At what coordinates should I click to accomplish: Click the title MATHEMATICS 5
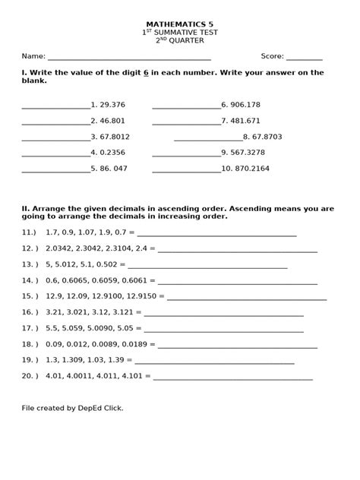pyautogui.click(x=179, y=24)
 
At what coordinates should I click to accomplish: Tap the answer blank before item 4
pyautogui.click(x=55, y=153)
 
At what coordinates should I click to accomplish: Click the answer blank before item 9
pyautogui.click(x=186, y=153)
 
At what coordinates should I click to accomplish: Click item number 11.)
pyautogui.click(x=30, y=232)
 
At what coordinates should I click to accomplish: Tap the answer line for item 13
pyautogui.click(x=207, y=266)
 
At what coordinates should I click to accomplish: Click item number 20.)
pyautogui.click(x=30, y=375)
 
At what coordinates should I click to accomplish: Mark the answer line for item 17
pyautogui.click(x=224, y=330)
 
